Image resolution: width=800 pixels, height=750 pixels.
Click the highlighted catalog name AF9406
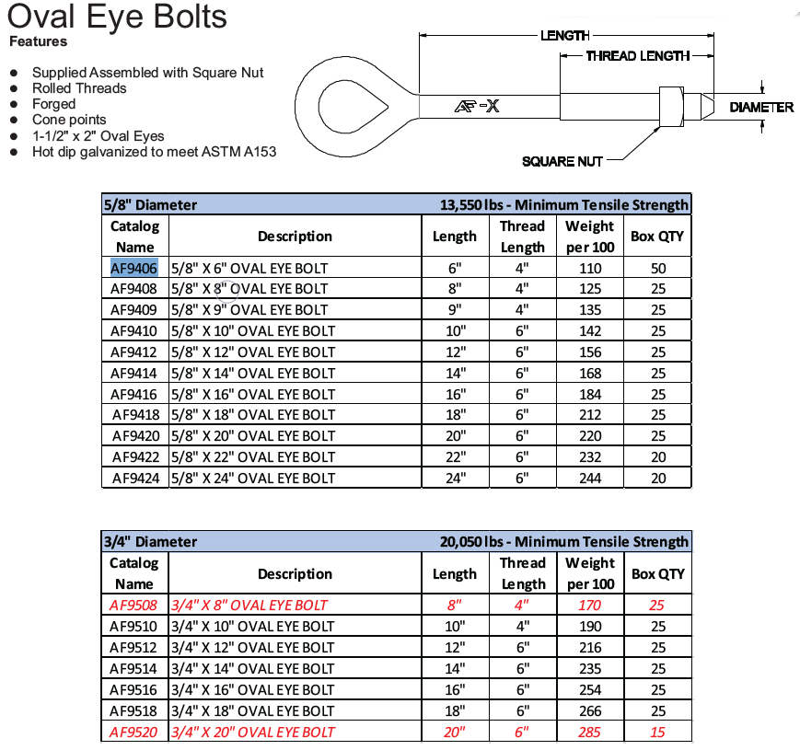134,268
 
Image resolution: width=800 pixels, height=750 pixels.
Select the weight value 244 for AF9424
590,478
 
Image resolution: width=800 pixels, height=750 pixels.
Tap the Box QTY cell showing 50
657,268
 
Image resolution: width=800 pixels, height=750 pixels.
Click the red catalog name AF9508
133,606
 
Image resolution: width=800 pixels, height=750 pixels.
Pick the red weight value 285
590,732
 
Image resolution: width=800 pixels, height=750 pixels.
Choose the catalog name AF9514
134,669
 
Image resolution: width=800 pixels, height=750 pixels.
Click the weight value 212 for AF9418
590,415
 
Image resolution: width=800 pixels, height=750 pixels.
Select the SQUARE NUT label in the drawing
562,162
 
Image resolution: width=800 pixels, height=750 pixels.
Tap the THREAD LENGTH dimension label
638,56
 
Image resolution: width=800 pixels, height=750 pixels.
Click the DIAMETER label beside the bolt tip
761,108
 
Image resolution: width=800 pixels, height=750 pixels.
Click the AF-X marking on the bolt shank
477,107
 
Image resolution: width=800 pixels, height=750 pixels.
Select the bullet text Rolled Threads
79,88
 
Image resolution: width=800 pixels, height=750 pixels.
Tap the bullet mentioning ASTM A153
154,151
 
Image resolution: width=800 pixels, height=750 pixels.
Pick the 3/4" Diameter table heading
149,541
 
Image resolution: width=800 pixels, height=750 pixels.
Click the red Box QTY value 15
657,732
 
